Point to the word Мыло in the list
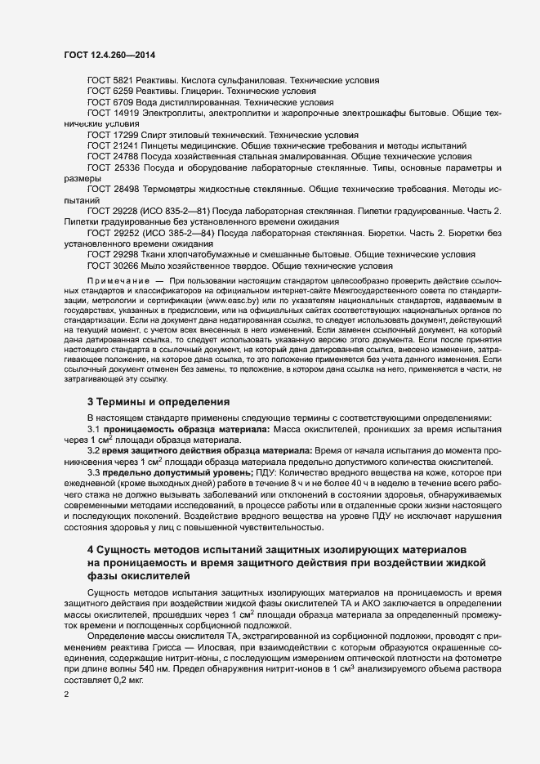pyautogui.click(x=161, y=266)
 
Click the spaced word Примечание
pyautogui.click(x=118, y=280)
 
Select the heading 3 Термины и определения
pyautogui.click(x=158, y=401)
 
